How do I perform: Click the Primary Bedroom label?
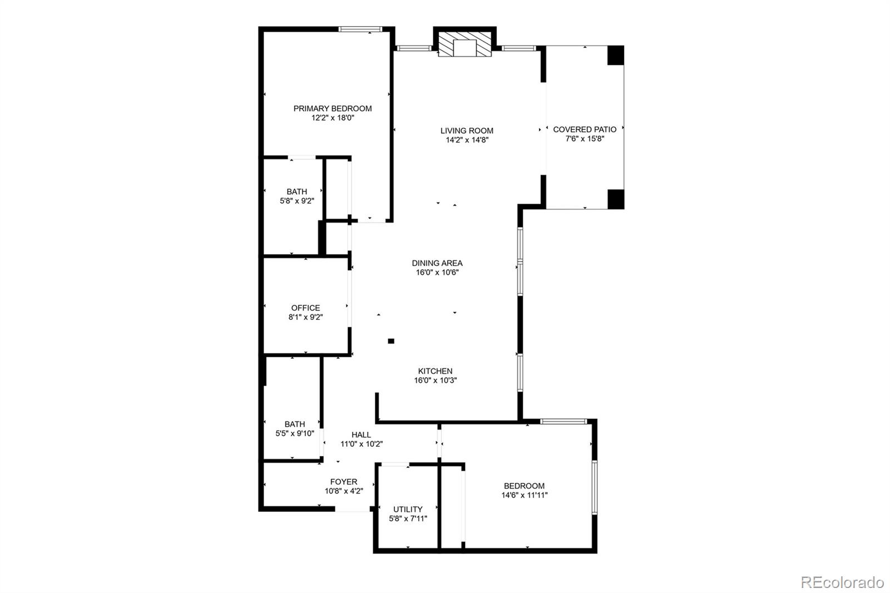tap(333, 108)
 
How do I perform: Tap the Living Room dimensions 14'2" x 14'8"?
tap(467, 140)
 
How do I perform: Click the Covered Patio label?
tap(585, 129)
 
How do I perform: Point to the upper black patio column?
tap(615, 55)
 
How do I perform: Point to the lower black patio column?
tap(615, 199)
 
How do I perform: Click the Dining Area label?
tap(437, 263)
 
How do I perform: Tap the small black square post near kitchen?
tap(391, 341)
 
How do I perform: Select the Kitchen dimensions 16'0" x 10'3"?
tap(436, 380)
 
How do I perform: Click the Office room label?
tap(305, 308)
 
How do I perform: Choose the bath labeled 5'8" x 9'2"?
tap(297, 196)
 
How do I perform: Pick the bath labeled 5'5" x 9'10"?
tap(295, 428)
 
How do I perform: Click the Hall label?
tap(361, 435)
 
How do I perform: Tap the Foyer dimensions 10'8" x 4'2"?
tap(344, 491)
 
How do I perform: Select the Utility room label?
tap(408, 509)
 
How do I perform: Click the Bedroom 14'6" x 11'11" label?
tap(524, 486)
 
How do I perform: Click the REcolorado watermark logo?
tap(842, 582)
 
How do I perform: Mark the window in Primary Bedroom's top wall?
tap(360, 29)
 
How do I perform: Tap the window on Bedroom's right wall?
tap(594, 487)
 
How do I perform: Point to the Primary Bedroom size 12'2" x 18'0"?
tap(333, 118)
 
